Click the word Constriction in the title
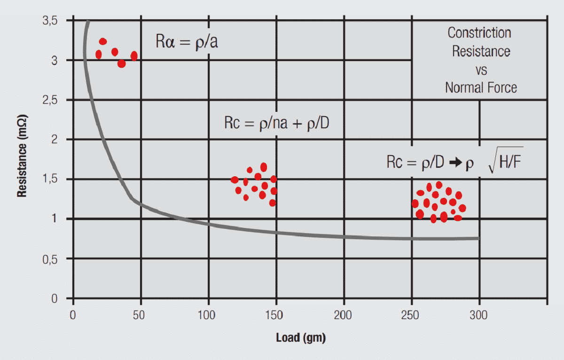click(479, 33)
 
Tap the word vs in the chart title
click(481, 70)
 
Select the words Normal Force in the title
click(481, 87)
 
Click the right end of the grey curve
click(478, 238)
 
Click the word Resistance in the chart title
click(481, 51)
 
